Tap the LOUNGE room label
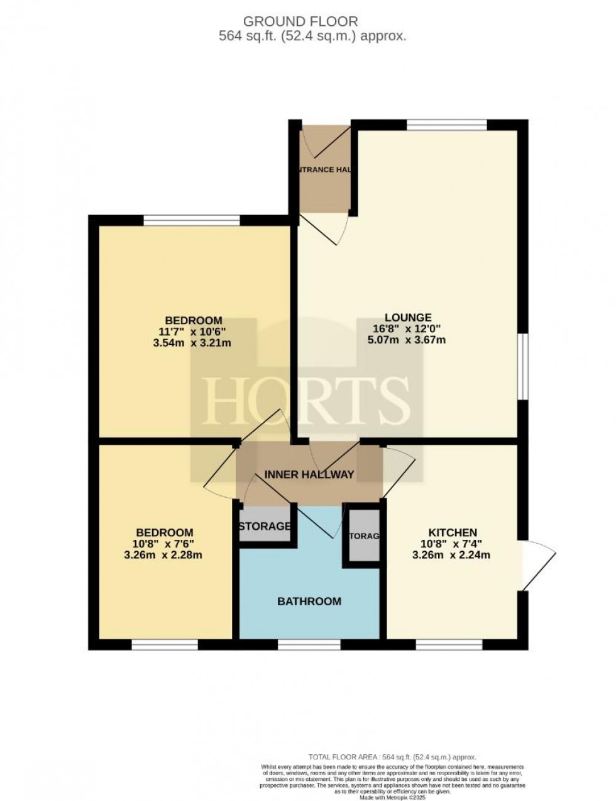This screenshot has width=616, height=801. click(x=409, y=317)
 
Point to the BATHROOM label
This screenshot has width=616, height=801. click(x=309, y=601)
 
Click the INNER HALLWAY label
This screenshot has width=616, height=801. click(x=309, y=474)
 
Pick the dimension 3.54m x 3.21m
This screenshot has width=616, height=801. click(x=194, y=343)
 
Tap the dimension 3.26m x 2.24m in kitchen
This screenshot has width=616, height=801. click(x=451, y=555)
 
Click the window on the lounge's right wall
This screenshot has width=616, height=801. click(x=522, y=366)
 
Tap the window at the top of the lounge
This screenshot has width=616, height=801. click(x=446, y=125)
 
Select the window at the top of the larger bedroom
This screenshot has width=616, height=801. click(x=192, y=220)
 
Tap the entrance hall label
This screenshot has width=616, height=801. click(x=324, y=169)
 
